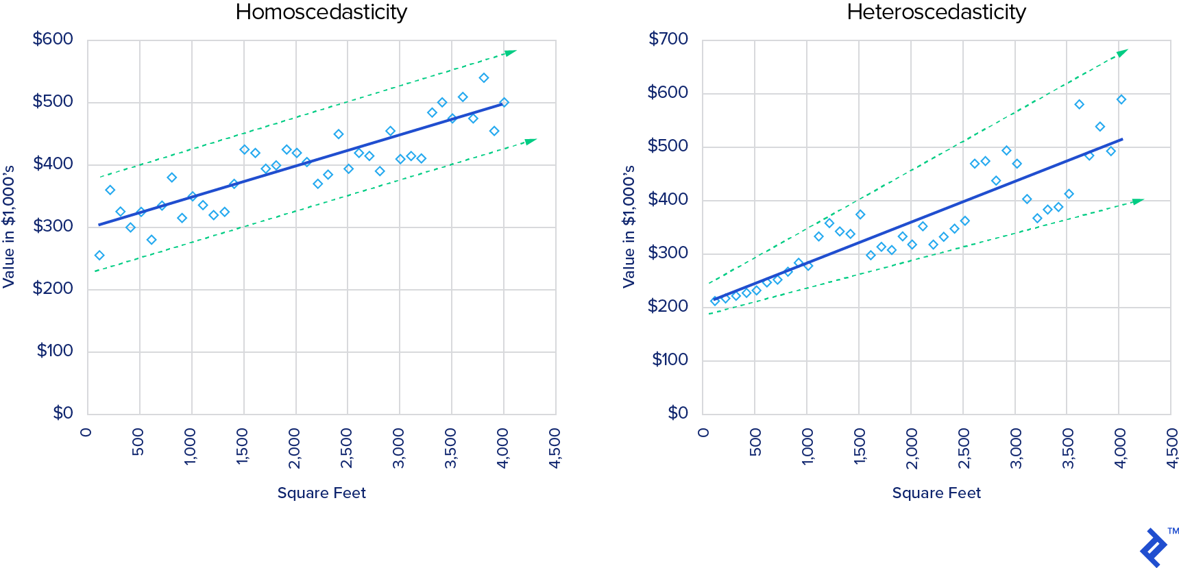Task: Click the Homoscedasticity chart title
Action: [x=321, y=12]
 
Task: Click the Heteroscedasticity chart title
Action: [x=936, y=12]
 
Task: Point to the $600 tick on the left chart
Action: [x=53, y=39]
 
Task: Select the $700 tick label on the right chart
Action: [x=668, y=39]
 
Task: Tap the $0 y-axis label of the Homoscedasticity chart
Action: [x=63, y=413]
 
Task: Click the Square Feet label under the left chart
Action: [x=321, y=493]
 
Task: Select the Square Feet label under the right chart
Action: [x=936, y=493]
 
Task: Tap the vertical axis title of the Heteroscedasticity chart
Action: [x=629, y=227]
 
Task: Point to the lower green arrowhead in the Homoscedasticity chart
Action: [x=531, y=141]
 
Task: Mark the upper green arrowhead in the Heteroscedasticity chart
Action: [x=1122, y=53]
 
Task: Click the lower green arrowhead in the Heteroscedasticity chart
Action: [x=1138, y=201]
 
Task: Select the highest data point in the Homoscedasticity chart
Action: [x=484, y=78]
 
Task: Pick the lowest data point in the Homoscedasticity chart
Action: [x=99, y=256]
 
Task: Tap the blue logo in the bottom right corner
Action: [x=1154, y=547]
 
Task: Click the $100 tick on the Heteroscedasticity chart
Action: [x=670, y=360]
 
